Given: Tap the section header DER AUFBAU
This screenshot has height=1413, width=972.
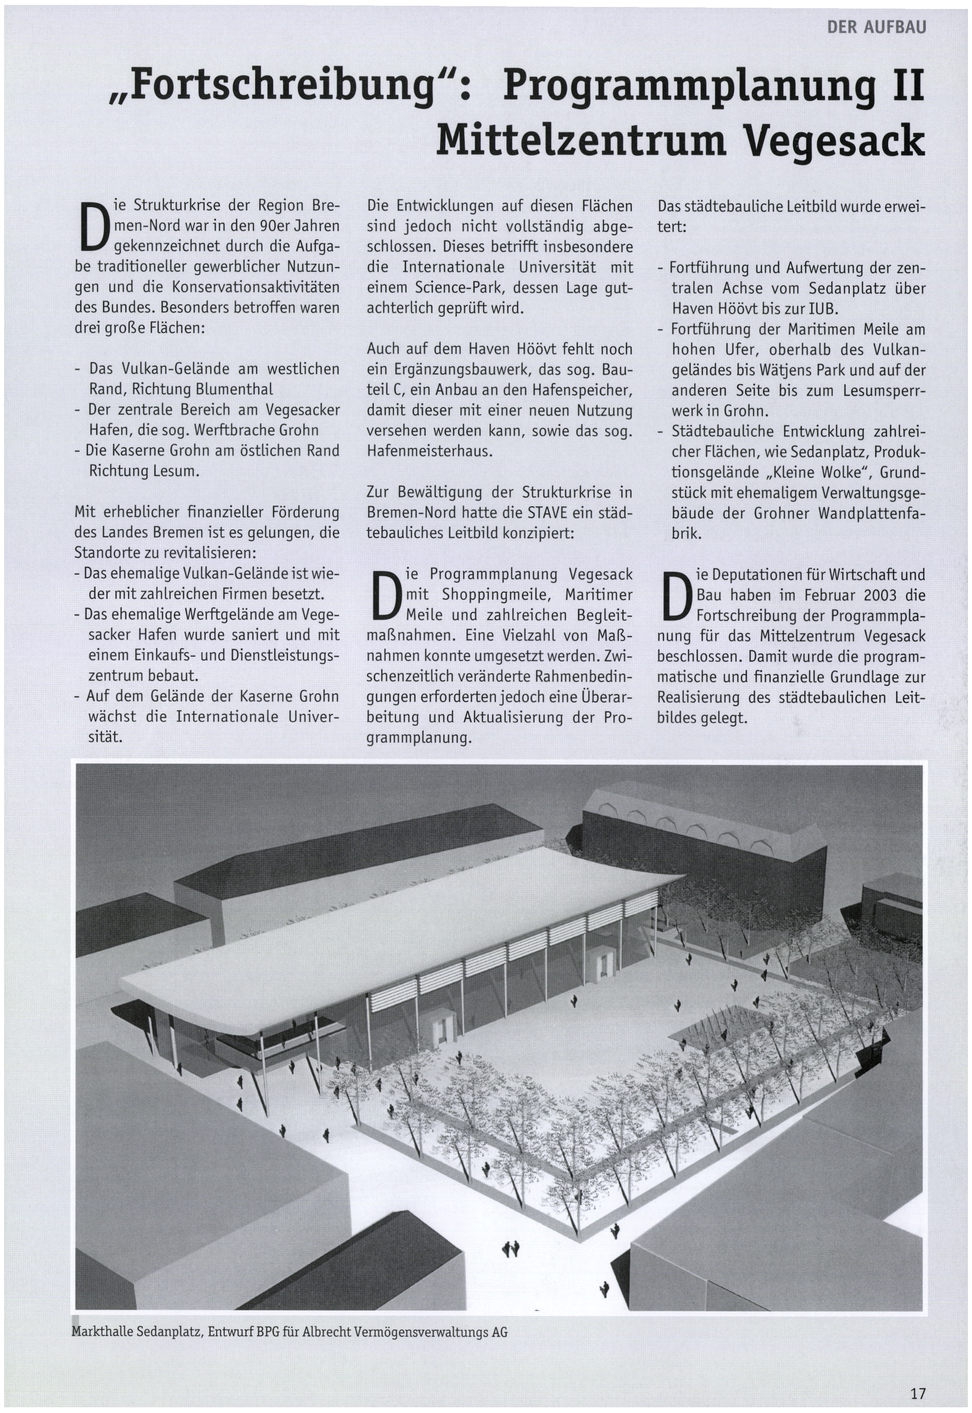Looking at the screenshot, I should (x=876, y=27).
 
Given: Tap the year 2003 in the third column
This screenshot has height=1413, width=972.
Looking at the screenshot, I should (x=877, y=595).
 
